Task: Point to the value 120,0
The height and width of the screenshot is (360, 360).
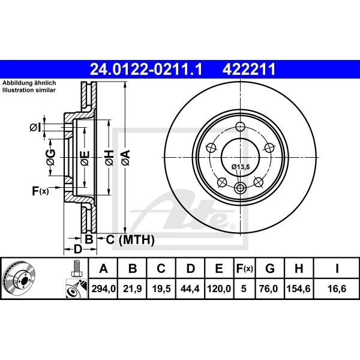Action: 218,288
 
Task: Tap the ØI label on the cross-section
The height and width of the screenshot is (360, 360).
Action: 34,127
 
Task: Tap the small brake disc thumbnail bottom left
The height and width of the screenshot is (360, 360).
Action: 20,278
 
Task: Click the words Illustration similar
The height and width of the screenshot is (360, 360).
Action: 28,89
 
